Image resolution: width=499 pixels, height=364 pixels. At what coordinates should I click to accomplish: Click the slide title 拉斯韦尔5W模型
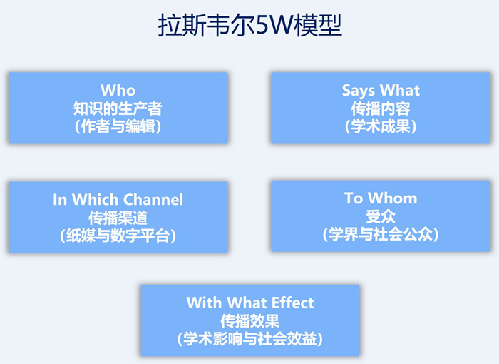coord(249,25)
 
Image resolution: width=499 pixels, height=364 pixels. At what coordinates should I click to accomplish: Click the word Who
coord(118,90)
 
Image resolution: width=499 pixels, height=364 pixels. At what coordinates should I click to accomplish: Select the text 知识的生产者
coord(118,108)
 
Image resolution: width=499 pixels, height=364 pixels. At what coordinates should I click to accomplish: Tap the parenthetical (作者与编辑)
coord(118,126)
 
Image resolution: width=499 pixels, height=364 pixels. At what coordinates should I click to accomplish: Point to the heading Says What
coord(381,91)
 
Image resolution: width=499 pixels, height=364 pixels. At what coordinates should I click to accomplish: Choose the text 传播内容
coord(381,108)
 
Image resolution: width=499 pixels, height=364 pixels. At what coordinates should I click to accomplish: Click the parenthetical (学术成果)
coord(381,126)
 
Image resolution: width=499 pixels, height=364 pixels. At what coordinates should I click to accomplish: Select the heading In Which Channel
coord(118,200)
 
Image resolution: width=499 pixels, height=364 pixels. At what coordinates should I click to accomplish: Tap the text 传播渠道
coord(118,218)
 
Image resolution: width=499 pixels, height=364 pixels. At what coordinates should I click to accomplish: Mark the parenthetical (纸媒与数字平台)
coord(118,236)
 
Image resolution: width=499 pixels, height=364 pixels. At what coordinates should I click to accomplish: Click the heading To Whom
coord(381,198)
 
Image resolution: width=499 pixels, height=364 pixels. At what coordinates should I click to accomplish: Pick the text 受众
coord(381,217)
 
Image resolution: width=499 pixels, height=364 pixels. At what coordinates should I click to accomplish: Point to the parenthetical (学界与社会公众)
coord(381,235)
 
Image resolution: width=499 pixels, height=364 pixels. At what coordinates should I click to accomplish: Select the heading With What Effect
coord(250,303)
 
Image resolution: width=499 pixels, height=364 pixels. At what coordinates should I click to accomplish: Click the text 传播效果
coord(250,321)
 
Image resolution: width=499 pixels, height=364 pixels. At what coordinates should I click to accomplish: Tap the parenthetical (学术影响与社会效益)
coord(250,339)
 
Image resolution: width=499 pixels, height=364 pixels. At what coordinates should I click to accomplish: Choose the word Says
coord(359,91)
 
